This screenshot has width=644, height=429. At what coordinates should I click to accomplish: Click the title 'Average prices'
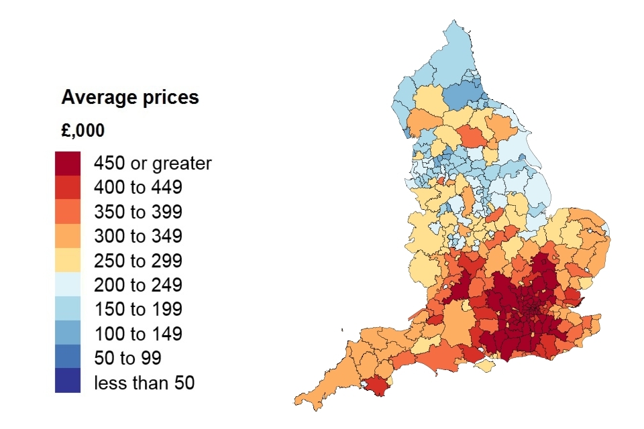click(130, 98)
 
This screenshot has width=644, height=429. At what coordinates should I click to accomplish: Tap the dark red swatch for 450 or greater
click(68, 164)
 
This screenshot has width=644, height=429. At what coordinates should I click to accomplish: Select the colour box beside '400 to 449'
click(68, 188)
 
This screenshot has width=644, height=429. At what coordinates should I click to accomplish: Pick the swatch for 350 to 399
click(68, 212)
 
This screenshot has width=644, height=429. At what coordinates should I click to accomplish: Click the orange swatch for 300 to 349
click(68, 237)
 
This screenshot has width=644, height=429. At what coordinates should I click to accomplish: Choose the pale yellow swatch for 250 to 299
click(68, 261)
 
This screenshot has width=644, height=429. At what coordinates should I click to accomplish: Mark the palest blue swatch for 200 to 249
click(68, 285)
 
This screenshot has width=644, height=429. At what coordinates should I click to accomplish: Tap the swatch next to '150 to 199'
click(68, 309)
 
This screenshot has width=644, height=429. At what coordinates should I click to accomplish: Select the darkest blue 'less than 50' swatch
click(68, 381)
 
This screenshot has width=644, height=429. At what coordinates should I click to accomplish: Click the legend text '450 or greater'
click(152, 164)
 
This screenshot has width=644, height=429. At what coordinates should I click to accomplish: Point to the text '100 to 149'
click(138, 334)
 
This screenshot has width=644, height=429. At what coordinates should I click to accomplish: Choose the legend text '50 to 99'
click(127, 358)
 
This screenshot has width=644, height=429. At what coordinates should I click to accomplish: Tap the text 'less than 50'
click(144, 383)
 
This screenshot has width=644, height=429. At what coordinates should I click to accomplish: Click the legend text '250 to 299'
click(138, 261)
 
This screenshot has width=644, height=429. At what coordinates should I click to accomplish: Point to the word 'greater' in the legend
click(182, 164)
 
